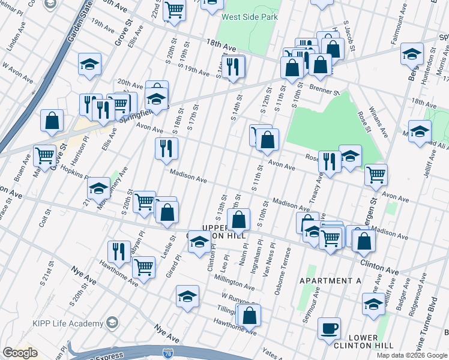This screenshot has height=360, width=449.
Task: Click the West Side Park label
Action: pyautogui.click(x=250, y=17)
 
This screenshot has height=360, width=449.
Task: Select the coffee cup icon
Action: pyautogui.click(x=329, y=328)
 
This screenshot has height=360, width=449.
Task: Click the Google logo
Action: pyautogui.click(x=19, y=353)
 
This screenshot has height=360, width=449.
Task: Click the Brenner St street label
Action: pyautogui.click(x=325, y=94)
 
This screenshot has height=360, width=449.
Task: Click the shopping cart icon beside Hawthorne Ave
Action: pyautogui.click(x=143, y=266)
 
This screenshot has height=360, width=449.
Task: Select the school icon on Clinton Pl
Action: pyautogui.click(x=199, y=241)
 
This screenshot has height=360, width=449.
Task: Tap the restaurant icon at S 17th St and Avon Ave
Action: pyautogui.click(x=166, y=147)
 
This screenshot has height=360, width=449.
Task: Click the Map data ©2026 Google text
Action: pyautogui.click(x=411, y=355)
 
